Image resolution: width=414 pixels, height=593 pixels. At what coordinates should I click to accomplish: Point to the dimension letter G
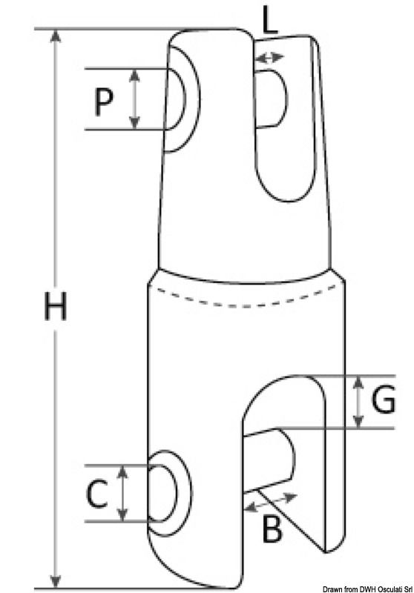(381, 401)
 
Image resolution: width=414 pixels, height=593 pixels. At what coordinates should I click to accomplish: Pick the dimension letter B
(272, 529)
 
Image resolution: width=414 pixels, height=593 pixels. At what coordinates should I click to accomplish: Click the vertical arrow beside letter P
(134, 99)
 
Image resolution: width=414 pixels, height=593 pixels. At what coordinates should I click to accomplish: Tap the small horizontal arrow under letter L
(268, 57)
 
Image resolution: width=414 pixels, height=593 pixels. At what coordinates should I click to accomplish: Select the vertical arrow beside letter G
(358, 401)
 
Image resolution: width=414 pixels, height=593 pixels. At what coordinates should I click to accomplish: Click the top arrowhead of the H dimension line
(55, 36)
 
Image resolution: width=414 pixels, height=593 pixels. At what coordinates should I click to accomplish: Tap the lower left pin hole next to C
(168, 492)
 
